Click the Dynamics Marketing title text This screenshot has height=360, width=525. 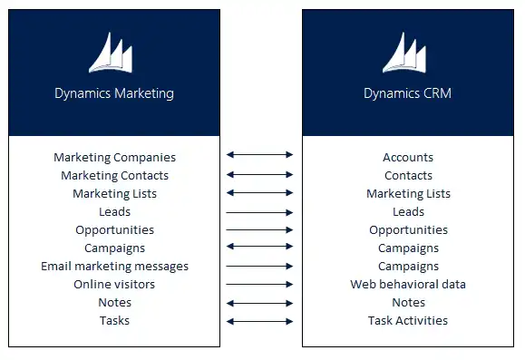114,93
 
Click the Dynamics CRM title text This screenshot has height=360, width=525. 408,93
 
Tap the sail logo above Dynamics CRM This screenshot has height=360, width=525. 404,54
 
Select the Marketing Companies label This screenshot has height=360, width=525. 114,158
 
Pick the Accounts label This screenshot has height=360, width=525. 408,158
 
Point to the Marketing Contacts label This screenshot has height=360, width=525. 114,176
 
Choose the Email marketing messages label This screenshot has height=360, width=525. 114,267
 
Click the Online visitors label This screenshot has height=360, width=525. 114,285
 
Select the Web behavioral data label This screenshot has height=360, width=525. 408,285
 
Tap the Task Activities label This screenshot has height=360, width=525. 408,321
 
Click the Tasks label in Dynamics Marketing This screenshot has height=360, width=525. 114,321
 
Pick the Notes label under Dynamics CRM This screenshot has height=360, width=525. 408,303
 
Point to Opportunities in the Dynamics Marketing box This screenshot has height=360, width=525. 114,230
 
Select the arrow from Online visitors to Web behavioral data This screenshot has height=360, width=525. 260,285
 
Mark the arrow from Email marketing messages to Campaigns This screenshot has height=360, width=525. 260,267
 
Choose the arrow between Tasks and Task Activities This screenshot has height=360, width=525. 260,321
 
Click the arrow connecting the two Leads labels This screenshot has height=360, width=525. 260,212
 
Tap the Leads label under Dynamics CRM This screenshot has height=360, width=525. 408,212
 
